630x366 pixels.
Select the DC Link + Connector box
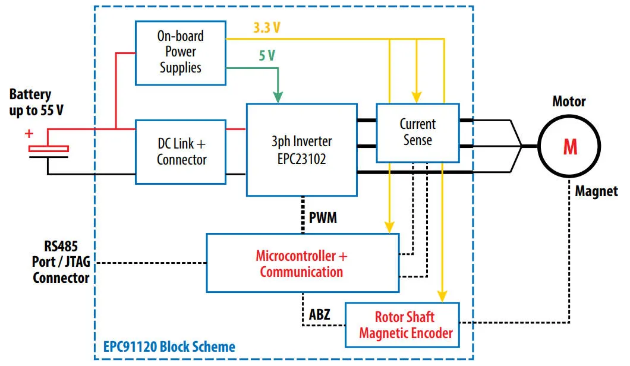181,152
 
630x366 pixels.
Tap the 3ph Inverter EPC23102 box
301,150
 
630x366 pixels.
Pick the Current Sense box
417,132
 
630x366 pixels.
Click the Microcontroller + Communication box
301,264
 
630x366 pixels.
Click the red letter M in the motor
570,147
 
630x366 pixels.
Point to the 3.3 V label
266,27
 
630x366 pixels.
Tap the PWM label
323,217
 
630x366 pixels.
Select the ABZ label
321,314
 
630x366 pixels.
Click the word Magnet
596,191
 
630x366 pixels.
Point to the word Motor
569,102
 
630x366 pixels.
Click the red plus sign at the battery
29,134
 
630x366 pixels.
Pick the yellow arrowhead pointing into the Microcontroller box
389,226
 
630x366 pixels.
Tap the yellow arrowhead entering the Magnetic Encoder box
442,295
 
